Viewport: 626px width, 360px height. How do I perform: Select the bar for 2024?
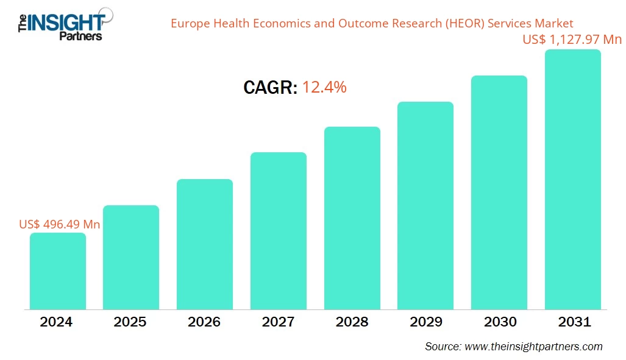click(58, 271)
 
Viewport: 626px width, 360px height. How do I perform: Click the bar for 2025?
click(131, 257)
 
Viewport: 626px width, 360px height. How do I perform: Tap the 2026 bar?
click(205, 244)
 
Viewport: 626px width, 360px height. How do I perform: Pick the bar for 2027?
click(279, 230)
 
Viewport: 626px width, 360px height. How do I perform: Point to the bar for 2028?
click(352, 217)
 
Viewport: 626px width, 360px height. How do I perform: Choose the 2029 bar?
click(425, 205)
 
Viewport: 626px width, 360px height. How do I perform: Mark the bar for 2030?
click(499, 192)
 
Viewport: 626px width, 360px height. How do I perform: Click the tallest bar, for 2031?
click(573, 179)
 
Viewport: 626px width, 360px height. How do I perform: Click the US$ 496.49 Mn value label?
click(60, 224)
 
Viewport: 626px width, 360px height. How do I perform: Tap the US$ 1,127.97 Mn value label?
click(572, 40)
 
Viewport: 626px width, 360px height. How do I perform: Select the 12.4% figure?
click(324, 88)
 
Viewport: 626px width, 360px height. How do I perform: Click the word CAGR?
click(269, 88)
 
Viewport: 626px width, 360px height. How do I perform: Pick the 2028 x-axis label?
click(352, 322)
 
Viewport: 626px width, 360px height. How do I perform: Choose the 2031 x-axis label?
click(573, 322)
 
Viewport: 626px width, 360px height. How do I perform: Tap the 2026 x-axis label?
click(204, 322)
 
